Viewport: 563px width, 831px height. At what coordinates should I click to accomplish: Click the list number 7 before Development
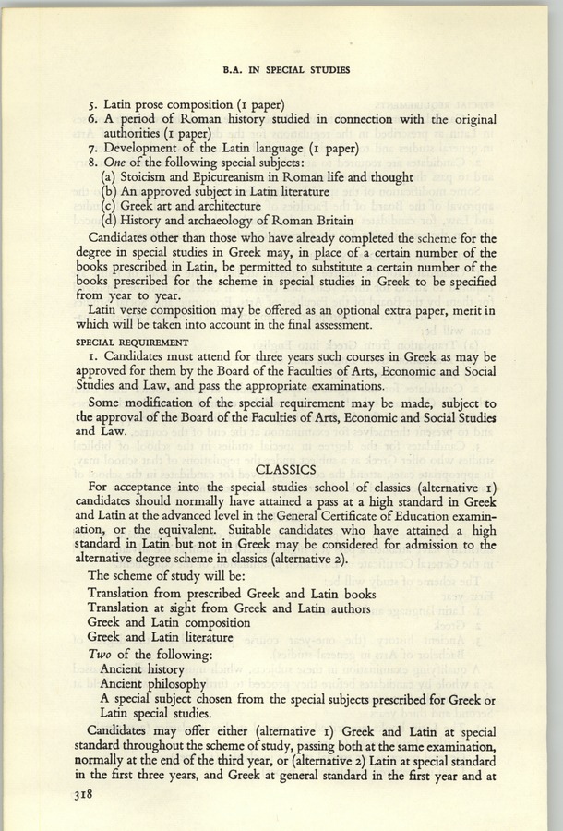click(x=89, y=148)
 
